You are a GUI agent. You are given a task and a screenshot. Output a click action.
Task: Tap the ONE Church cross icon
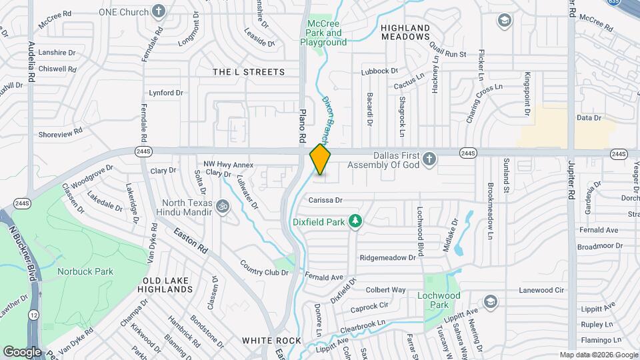click(x=159, y=11)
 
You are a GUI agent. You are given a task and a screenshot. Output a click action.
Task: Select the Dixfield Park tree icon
click(x=356, y=220)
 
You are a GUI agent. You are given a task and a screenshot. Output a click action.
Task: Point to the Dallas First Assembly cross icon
click(x=430, y=159)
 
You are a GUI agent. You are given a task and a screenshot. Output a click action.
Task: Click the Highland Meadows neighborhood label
click(x=405, y=32)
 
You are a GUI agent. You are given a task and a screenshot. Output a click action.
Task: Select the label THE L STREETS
click(x=249, y=72)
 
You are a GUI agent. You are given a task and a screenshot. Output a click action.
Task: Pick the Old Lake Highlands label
click(x=165, y=285)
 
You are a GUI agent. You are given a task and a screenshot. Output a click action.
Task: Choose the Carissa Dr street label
click(x=325, y=199)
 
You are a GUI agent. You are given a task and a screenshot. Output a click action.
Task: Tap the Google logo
click(x=22, y=351)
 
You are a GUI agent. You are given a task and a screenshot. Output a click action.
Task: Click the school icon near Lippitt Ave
click(x=491, y=301)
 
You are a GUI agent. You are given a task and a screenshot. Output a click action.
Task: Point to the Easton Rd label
click(x=192, y=241)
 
